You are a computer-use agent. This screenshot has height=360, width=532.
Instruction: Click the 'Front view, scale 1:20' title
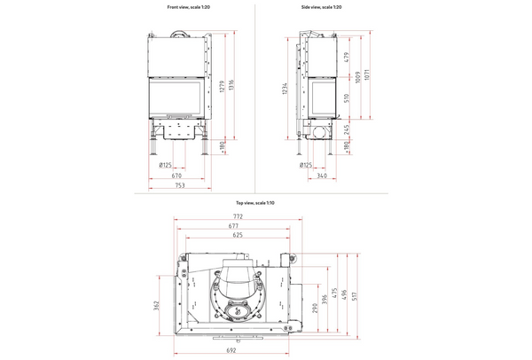(184, 6)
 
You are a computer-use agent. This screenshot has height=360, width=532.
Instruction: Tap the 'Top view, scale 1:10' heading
(256, 204)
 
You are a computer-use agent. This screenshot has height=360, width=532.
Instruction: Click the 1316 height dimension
(232, 86)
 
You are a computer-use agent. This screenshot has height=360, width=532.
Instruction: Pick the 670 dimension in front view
(178, 175)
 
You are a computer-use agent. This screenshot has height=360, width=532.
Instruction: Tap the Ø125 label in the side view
(306, 164)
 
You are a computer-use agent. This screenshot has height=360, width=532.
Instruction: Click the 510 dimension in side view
(347, 98)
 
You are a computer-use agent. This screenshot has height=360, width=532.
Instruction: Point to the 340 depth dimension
(322, 175)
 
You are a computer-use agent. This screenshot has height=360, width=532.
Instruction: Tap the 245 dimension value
(347, 129)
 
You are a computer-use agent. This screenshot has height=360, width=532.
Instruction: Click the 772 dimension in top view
(237, 216)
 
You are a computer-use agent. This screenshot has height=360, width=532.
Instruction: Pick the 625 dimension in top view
(237, 237)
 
